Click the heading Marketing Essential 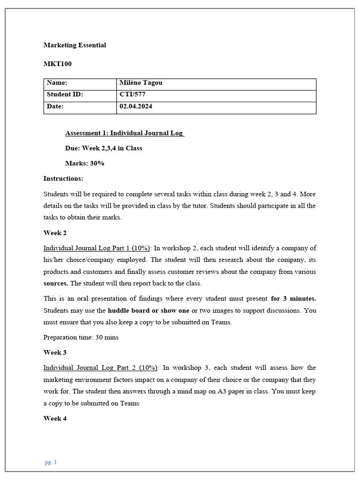coord(75,45)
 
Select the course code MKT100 coord(58,64)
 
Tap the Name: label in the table coord(57,83)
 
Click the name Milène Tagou coord(141,83)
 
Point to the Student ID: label coord(65,94)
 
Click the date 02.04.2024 coord(136,106)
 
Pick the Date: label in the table coord(55,106)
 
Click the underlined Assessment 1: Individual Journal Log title coord(124,133)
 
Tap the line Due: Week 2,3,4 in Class coord(104,148)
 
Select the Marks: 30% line coord(85,163)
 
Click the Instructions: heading coord(63,178)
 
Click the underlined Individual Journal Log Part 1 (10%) coord(97,248)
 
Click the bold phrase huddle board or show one coord(149,310)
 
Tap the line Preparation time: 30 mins coord(81,337)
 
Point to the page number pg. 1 coord(51,462)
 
